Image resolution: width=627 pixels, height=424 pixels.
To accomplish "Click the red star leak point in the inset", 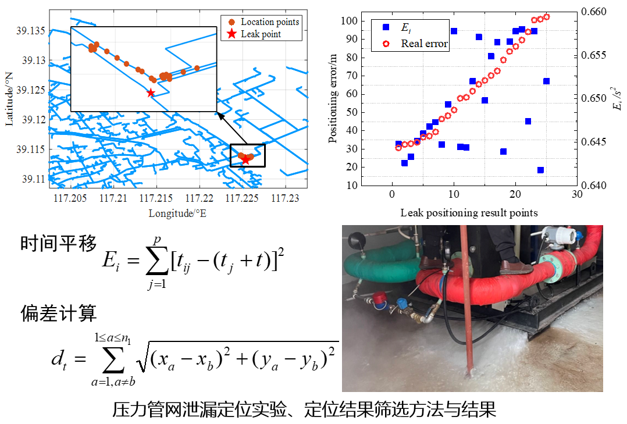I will click(151, 92).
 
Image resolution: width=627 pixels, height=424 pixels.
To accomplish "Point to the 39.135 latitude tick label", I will click(33, 30).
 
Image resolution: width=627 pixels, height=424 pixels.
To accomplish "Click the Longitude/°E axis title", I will click(177, 213).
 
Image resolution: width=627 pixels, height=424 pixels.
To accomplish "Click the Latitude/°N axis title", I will click(9, 99).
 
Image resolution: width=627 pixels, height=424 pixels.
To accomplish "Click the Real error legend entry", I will click(424, 44).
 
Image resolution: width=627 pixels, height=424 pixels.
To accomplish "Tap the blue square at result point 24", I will click(540, 170).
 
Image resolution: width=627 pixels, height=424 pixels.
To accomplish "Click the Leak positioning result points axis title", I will click(469, 212).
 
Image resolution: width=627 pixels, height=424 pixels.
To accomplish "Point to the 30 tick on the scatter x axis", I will click(576, 195).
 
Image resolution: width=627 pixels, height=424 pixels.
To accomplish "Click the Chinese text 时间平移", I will click(58, 244).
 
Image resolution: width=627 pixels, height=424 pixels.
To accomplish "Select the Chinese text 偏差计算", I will click(58, 314).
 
